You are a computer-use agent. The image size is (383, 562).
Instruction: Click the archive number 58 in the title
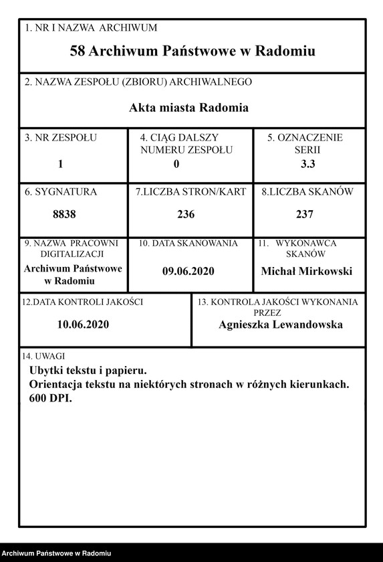click(x=78, y=52)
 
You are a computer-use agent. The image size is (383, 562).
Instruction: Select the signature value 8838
click(x=64, y=215)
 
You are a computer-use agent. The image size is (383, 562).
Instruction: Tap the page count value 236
click(x=186, y=215)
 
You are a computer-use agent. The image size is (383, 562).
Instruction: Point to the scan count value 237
click(x=305, y=215)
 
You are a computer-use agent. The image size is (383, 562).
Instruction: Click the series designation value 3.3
click(x=309, y=163)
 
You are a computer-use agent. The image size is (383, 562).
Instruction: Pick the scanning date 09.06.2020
click(x=188, y=272)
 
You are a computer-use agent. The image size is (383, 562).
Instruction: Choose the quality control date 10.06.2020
click(x=83, y=324)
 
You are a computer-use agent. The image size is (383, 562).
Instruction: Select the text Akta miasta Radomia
click(x=188, y=108)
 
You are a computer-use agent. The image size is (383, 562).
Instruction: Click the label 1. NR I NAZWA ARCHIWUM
click(x=90, y=28)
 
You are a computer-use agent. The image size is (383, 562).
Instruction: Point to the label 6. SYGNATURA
click(x=61, y=192)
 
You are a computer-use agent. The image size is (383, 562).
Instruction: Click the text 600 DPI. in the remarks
click(x=50, y=398)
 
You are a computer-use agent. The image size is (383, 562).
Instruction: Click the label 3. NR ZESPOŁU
click(x=61, y=138)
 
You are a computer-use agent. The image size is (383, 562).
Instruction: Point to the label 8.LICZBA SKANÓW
click(x=307, y=192)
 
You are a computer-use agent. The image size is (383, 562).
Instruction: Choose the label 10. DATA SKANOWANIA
click(x=188, y=244)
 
